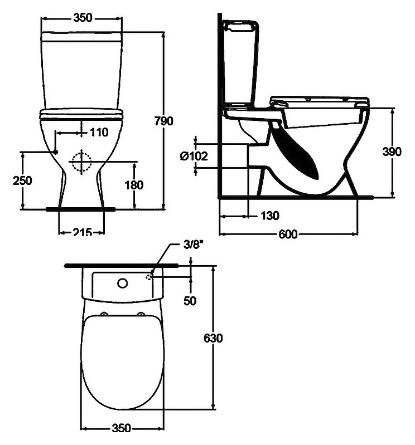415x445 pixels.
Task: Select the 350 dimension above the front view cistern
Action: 82,18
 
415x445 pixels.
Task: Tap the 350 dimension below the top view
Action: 120,428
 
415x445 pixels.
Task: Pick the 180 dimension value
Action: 135,184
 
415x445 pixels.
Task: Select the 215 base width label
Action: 82,232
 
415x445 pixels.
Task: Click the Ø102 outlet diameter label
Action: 194,156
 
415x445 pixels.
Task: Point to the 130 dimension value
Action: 269,215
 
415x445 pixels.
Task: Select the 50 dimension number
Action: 191,300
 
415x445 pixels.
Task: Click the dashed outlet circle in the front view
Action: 81,161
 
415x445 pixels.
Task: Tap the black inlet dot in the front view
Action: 56,151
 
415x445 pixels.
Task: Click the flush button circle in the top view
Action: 122,283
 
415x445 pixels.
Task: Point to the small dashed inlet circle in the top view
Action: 149,277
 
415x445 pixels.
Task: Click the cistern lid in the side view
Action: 239,25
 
